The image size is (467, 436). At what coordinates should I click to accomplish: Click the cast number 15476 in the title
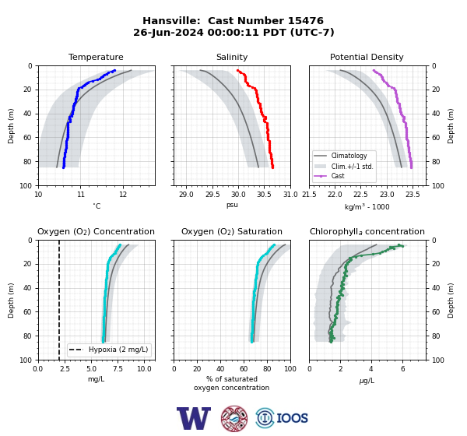click(306, 21)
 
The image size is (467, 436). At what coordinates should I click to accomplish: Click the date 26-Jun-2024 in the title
click(168, 32)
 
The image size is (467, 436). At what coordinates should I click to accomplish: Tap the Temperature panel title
click(96, 57)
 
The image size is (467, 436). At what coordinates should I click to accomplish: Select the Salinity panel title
click(232, 57)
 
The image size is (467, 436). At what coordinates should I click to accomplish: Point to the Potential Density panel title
click(367, 57)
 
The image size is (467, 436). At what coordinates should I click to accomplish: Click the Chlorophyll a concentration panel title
click(367, 231)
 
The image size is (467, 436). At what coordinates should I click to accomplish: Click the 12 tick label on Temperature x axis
click(123, 195)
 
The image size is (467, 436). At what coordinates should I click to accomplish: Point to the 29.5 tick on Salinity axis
click(212, 195)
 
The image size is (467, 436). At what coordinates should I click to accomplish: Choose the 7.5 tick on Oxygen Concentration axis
click(118, 369)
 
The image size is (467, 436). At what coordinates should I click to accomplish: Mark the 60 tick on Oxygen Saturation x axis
click(244, 369)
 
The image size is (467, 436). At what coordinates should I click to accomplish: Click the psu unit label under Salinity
click(232, 206)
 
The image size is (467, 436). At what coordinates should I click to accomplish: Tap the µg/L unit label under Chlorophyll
click(367, 381)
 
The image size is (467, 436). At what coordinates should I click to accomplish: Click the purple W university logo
click(194, 418)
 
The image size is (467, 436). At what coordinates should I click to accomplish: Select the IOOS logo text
click(292, 418)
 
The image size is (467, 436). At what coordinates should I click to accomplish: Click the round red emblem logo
click(234, 418)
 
